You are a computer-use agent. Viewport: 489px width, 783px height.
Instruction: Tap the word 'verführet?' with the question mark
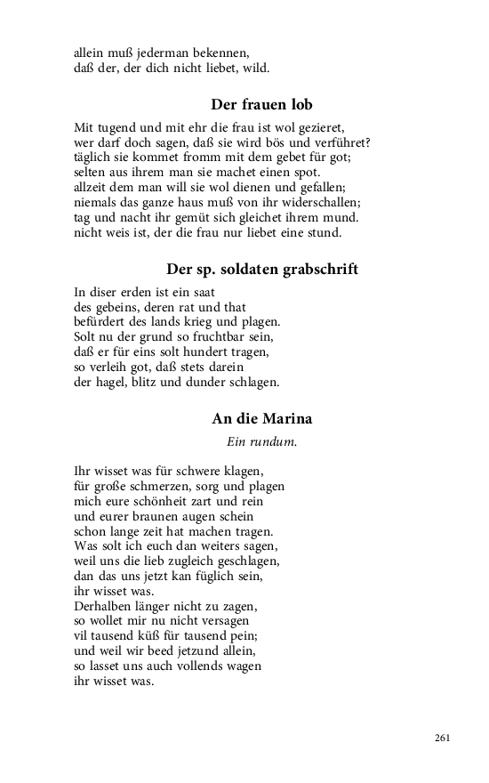pos(341,143)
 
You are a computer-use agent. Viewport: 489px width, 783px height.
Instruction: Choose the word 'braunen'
pos(163,516)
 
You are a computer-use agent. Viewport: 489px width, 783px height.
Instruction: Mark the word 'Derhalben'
pos(104,607)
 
